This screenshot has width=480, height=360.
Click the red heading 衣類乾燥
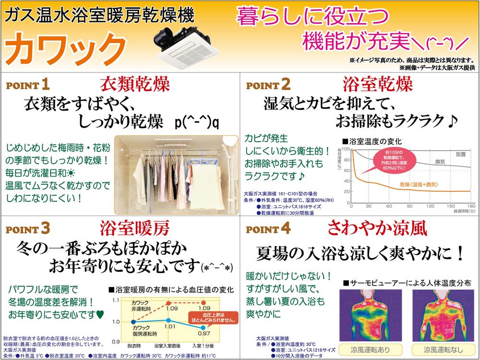click(x=134, y=85)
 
